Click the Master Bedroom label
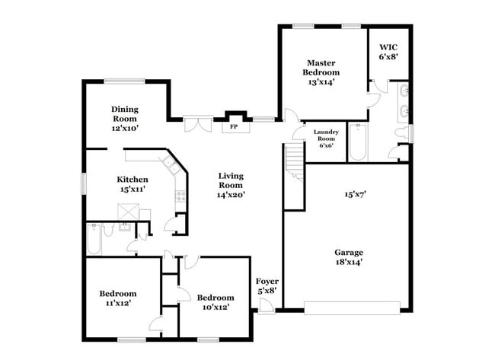[321, 72]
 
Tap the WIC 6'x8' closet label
[388, 50]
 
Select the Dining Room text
[124, 119]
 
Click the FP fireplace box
[235, 126]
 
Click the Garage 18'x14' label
[348, 256]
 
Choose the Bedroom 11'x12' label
[117, 298]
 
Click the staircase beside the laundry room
[294, 160]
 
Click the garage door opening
[351, 307]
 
